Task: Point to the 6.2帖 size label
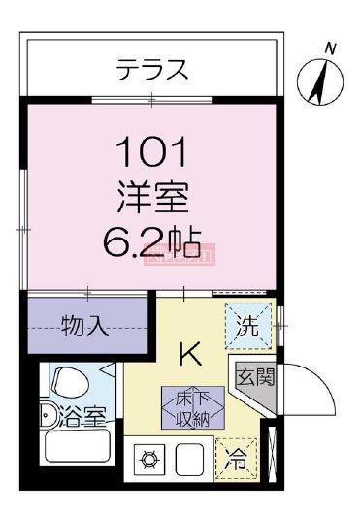tap(151, 240)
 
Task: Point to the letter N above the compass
tap(330, 48)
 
